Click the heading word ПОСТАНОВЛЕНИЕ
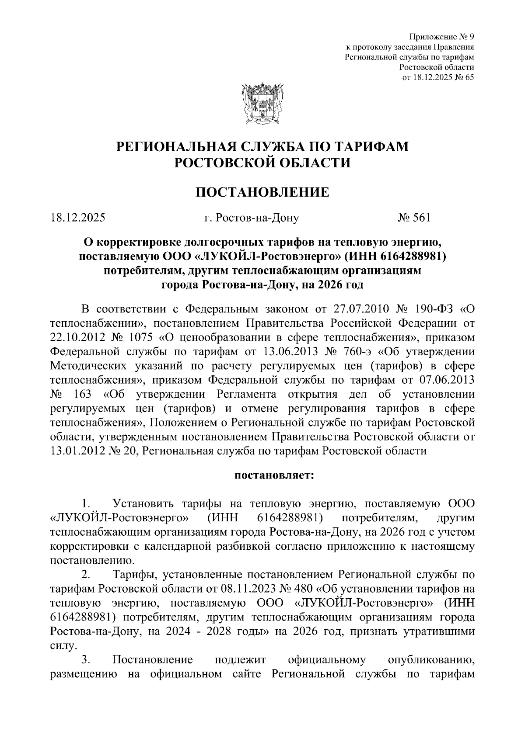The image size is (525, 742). [x=262, y=192]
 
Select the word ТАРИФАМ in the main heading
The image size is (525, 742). [x=367, y=146]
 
